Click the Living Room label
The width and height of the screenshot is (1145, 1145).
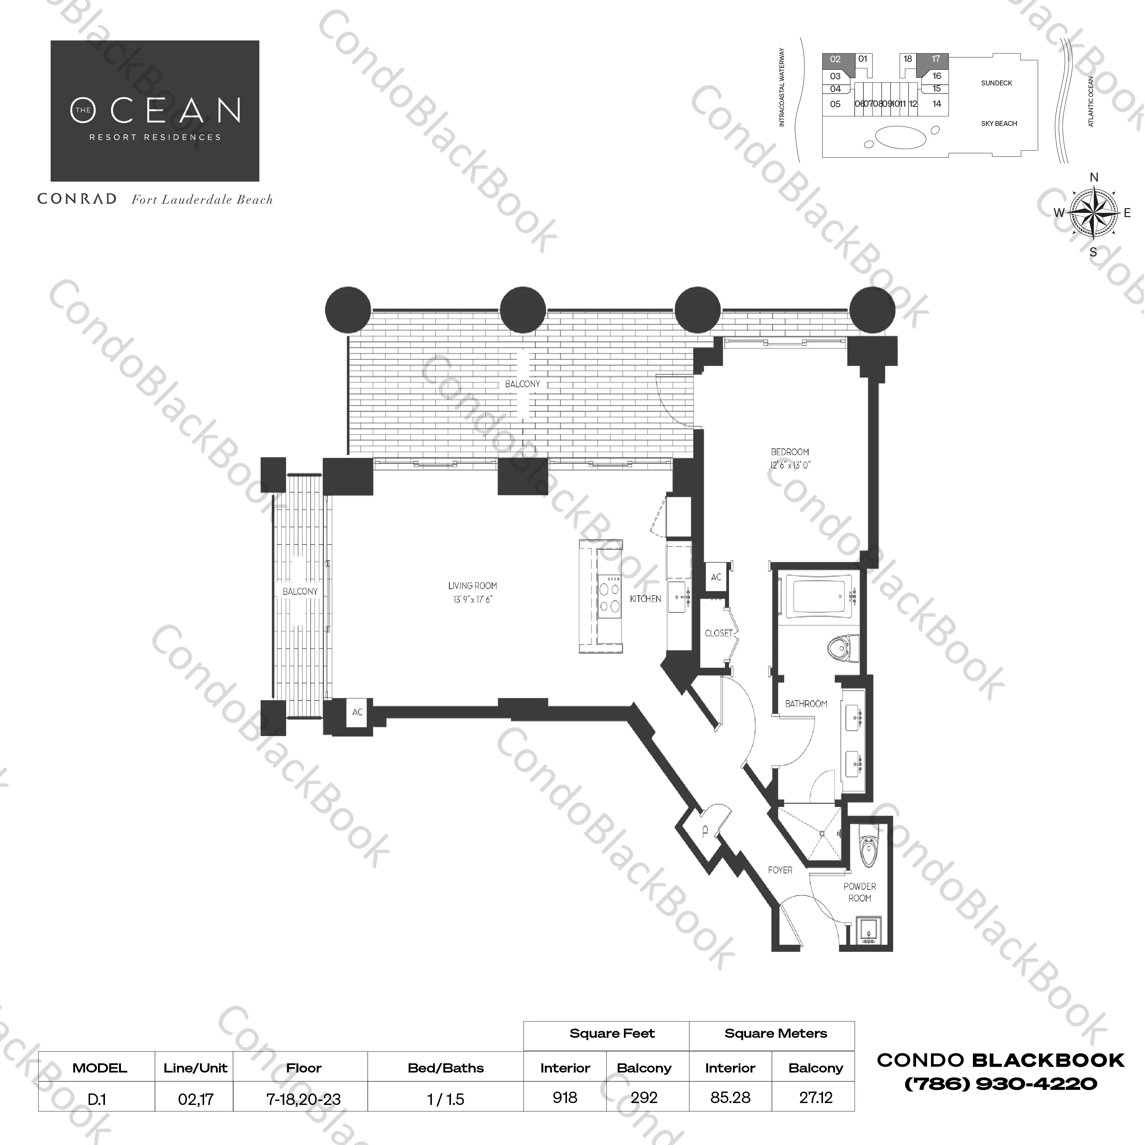tap(472, 586)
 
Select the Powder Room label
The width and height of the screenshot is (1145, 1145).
tap(859, 892)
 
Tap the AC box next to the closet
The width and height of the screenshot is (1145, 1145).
tap(716, 577)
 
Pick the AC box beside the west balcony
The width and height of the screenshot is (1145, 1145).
tap(358, 712)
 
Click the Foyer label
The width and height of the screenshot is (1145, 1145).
tap(780, 870)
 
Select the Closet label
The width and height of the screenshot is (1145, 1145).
tap(718, 633)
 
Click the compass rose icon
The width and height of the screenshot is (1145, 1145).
tap(1093, 213)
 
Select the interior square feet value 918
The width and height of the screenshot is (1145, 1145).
tap(565, 1098)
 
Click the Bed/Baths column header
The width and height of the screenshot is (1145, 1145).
tap(446, 1068)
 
